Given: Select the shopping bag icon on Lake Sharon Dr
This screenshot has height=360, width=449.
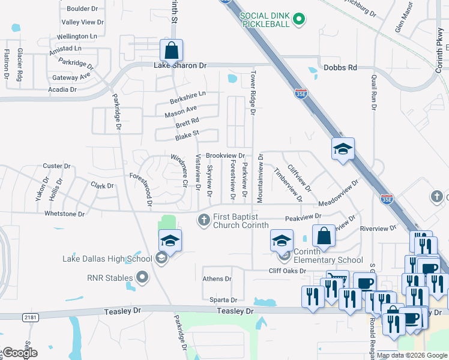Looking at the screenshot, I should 171,50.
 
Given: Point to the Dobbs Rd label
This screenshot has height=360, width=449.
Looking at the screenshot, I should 340,68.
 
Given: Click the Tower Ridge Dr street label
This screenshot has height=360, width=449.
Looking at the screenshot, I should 253,93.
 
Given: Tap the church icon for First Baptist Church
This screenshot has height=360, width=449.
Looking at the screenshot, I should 203,220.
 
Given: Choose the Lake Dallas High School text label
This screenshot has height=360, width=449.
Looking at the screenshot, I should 107,259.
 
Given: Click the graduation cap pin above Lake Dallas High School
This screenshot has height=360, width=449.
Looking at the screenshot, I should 170,241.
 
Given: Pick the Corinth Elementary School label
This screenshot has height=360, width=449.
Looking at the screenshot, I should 328,260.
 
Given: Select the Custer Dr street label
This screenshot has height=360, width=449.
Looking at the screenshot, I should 57,166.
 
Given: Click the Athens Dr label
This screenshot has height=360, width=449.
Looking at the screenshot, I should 217,279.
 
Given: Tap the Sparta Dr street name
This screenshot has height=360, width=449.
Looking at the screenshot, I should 223,300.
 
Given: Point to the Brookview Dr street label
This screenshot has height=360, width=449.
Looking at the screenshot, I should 226,155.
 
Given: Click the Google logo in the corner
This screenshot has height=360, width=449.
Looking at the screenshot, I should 19,352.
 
